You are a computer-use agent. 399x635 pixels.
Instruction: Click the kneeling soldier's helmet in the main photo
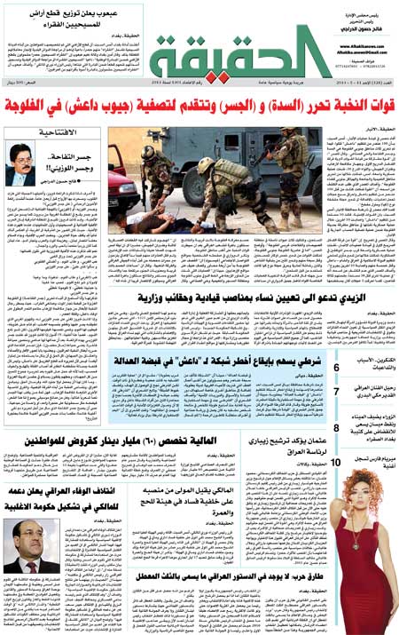206,167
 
